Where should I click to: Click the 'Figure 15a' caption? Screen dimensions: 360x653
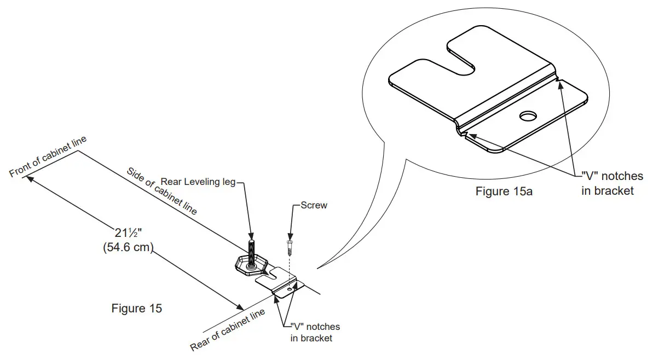[504, 191]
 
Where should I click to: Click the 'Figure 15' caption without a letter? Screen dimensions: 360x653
[136, 309]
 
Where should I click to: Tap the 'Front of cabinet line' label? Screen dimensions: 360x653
[48, 158]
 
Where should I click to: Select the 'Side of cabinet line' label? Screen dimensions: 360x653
[161, 190]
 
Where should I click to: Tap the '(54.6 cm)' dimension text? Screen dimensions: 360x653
[128, 247]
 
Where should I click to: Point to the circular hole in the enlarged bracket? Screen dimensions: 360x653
[528, 117]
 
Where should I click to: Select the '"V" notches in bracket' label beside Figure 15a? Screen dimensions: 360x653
[611, 183]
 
